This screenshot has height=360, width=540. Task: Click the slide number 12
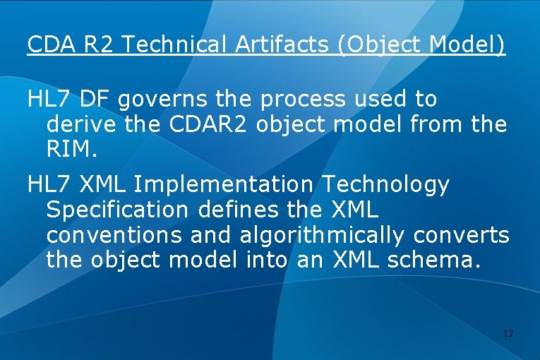click(508, 332)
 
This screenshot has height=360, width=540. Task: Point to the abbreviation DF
click(96, 100)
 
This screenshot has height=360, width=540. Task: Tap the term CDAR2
click(210, 125)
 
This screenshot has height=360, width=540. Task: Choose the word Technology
click(385, 185)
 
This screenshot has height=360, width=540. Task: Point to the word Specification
click(117, 210)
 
